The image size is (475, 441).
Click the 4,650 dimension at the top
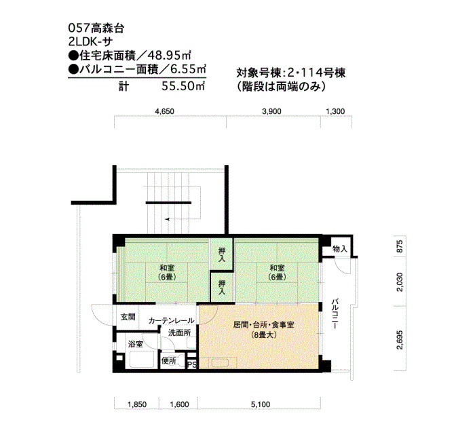(x=164, y=111)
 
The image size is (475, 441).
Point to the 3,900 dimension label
(x=271, y=111)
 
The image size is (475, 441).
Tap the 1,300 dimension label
(x=335, y=111)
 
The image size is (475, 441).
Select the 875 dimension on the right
(x=400, y=246)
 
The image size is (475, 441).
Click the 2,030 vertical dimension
(x=400, y=282)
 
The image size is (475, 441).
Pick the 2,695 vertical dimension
(x=400, y=340)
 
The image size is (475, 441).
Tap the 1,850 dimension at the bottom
(x=137, y=404)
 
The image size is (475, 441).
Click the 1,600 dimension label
(x=179, y=404)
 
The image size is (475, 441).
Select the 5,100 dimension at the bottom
(x=260, y=404)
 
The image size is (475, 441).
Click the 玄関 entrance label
(x=128, y=317)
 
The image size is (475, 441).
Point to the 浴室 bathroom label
(x=135, y=344)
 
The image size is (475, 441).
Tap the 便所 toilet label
(x=169, y=360)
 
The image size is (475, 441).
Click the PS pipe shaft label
(x=192, y=364)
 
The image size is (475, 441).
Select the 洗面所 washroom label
(x=179, y=332)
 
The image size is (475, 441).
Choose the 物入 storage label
(x=339, y=249)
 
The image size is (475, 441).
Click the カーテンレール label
(x=171, y=321)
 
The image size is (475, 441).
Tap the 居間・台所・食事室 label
(x=263, y=325)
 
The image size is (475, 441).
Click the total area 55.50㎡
(x=184, y=86)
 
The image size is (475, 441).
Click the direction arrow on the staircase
(x=167, y=219)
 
